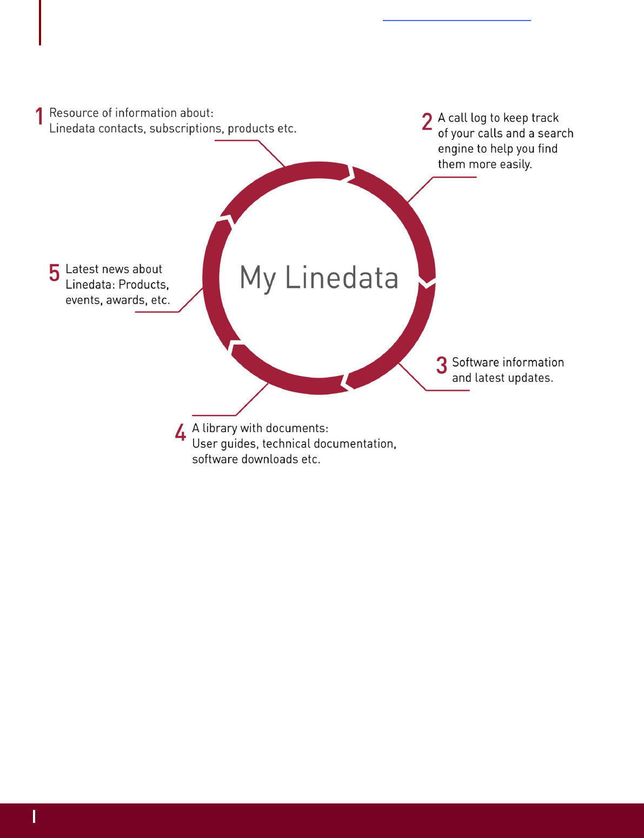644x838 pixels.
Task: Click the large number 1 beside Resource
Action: [39, 116]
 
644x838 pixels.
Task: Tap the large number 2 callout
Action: [427, 122]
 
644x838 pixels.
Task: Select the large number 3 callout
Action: [442, 365]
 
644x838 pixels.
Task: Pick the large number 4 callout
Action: [181, 432]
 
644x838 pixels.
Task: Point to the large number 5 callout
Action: [54, 272]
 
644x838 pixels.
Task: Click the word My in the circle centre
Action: [258, 279]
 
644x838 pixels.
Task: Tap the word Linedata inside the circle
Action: [342, 278]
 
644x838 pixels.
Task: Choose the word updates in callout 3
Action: [530, 378]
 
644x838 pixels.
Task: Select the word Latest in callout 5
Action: [82, 269]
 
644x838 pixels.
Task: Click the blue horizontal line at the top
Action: [456, 21]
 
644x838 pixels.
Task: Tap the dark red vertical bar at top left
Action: [40, 22]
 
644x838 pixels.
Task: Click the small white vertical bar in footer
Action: [34, 816]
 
